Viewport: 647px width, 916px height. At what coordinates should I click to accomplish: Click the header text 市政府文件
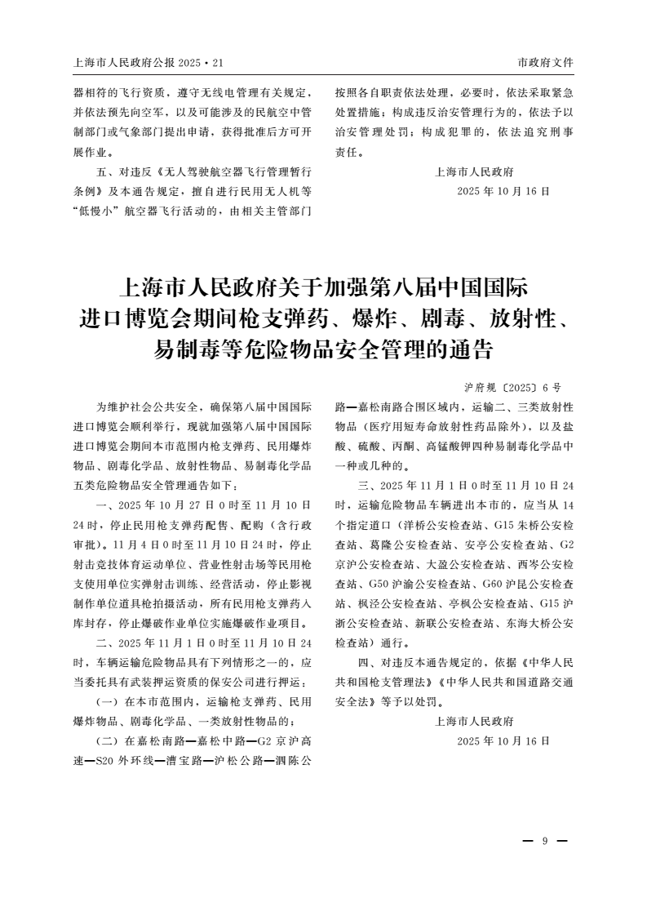[x=545, y=63]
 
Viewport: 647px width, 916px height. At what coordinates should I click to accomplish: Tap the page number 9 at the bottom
[x=544, y=841]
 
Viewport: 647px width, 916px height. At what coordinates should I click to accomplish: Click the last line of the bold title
[x=323, y=350]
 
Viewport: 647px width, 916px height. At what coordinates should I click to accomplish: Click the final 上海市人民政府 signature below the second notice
[x=475, y=721]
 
